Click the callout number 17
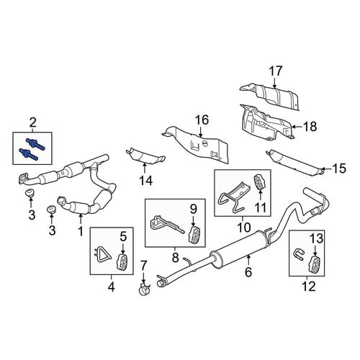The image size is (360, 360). pos(276,71)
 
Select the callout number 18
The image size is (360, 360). pos(310,126)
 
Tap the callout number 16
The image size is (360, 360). pos(202,120)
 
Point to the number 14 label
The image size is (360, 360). pos(146,181)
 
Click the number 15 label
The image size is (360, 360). pos(339,168)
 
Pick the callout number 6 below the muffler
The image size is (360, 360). pos(248,271)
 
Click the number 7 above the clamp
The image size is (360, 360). pos(143,266)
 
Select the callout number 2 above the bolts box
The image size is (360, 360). pos(33,123)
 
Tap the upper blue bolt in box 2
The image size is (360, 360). pos(35,143)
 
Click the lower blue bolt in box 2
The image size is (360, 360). pos(28,154)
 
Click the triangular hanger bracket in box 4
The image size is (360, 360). pos(102,255)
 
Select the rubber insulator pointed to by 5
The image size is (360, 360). pos(122,261)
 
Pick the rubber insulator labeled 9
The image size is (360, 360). pos(194,235)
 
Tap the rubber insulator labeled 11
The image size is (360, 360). pos(260,182)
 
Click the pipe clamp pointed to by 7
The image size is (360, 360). pos(144,289)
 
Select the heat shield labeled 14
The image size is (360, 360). pos(145,156)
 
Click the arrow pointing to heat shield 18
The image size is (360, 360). pos(297,126)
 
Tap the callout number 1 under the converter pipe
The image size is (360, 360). pos(81,231)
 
